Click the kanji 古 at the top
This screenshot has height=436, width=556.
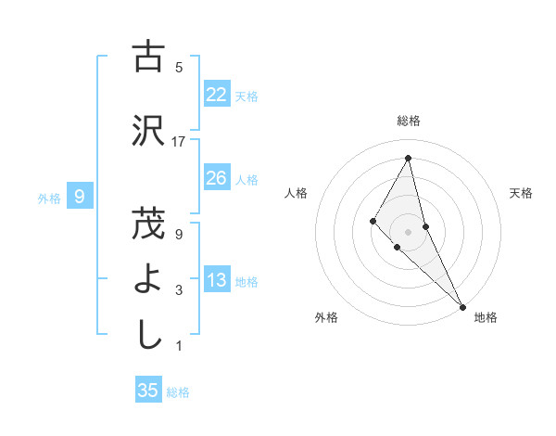[x=148, y=57]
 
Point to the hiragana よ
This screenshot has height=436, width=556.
[x=148, y=279]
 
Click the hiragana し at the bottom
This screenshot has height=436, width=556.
[x=148, y=335]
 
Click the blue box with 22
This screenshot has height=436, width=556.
[x=217, y=95]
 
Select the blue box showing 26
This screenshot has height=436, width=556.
[x=217, y=178]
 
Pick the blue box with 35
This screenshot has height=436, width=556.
[x=148, y=391]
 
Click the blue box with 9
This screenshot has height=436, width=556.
[x=80, y=197]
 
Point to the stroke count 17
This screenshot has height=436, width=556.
[x=179, y=142]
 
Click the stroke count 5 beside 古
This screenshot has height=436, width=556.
[x=179, y=68]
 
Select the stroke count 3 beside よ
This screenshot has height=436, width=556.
[x=179, y=290]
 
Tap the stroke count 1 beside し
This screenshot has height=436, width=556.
[x=179, y=346]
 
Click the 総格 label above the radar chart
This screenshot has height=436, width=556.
[x=408, y=121]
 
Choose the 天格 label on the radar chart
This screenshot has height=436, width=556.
[x=522, y=193]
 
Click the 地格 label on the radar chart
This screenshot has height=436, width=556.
[x=486, y=317]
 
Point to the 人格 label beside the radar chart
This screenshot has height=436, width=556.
[x=296, y=193]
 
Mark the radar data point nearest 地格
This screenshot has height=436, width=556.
[x=461, y=304]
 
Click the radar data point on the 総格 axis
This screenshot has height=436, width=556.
[x=408, y=158]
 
